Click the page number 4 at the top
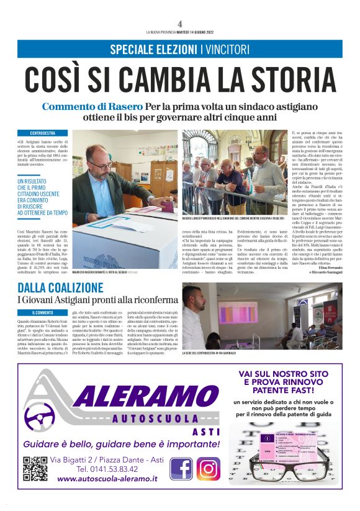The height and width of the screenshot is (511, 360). point(179,23)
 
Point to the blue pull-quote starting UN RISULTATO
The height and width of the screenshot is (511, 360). point(42,196)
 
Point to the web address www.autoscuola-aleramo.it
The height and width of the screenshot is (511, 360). point(107,479)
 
